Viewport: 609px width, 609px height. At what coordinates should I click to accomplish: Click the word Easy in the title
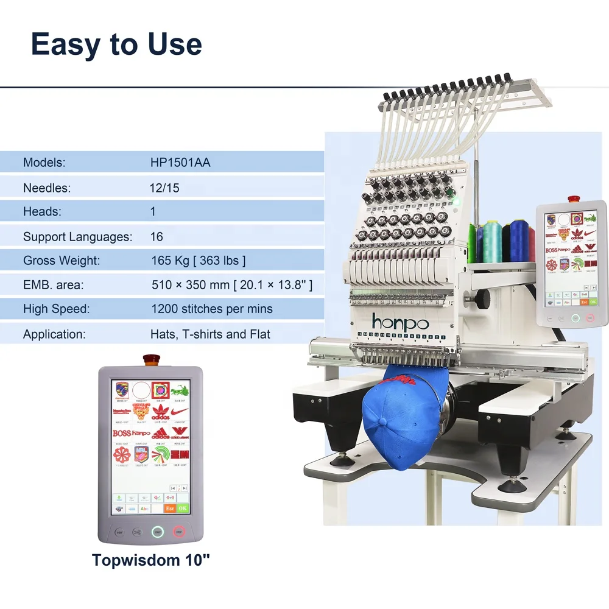click(x=66, y=45)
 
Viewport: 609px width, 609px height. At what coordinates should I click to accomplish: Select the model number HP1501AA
click(x=180, y=163)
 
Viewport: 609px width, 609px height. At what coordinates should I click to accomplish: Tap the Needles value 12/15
click(x=164, y=188)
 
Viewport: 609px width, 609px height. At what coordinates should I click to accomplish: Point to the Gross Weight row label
click(x=62, y=261)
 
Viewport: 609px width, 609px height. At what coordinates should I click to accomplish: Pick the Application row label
click(x=55, y=334)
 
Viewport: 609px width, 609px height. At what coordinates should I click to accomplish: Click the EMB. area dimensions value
click(x=231, y=285)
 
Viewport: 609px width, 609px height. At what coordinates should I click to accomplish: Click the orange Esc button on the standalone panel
click(x=170, y=508)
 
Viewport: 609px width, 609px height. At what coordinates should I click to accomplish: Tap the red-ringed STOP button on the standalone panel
click(x=179, y=532)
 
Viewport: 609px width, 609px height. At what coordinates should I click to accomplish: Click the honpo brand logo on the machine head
click(x=400, y=322)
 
